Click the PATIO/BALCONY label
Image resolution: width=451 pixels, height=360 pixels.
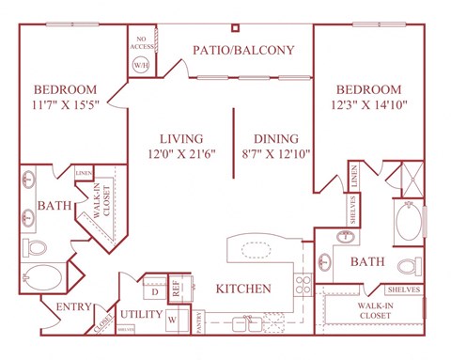(x=243, y=50)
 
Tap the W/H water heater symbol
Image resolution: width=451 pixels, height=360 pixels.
(x=143, y=66)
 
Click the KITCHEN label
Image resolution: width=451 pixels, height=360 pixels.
(x=243, y=289)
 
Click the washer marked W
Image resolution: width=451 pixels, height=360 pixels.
(x=172, y=320)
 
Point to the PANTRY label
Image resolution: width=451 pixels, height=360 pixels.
(x=198, y=321)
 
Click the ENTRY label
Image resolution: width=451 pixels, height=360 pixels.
(x=72, y=306)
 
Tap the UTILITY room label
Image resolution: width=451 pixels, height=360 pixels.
(x=139, y=314)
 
